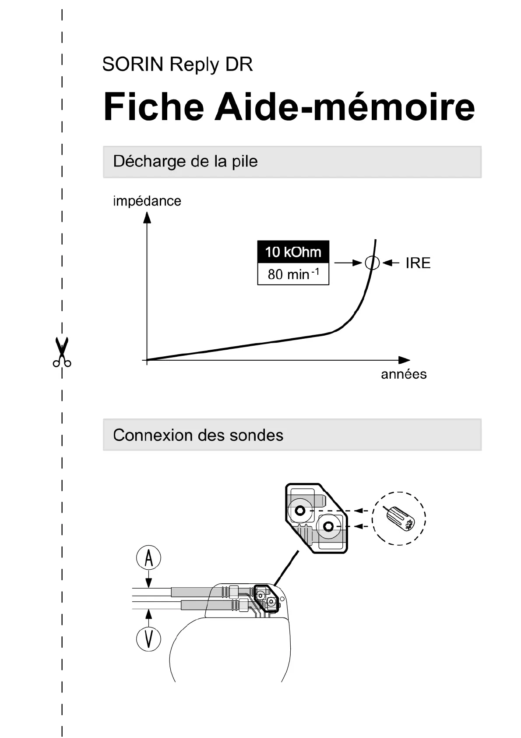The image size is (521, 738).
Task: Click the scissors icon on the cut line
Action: [62, 351]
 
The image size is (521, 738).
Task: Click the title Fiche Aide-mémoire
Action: [289, 107]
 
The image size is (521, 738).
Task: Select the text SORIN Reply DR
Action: [177, 64]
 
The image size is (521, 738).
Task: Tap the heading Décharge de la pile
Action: [185, 161]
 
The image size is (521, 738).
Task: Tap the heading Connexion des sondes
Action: [198, 435]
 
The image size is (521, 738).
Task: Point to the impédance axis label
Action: [147, 201]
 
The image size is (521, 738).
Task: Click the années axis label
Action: [404, 374]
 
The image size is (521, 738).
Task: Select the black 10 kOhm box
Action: [293, 252]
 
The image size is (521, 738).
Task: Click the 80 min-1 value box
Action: [293, 274]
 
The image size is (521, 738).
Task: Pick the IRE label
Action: [418, 263]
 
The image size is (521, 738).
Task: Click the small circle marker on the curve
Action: [372, 263]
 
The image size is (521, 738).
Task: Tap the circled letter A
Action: [149, 558]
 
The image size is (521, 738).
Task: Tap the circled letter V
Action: [149, 638]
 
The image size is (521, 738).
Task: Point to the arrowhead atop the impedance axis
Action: [147, 217]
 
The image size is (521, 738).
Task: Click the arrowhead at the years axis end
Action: [405, 360]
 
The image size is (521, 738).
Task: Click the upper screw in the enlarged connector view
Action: [300, 511]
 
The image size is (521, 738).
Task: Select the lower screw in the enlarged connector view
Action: [329, 526]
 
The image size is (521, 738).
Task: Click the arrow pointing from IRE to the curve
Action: [391, 263]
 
